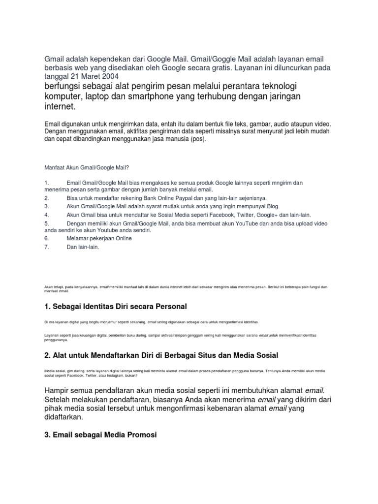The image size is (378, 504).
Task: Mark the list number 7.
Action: click(x=46, y=247)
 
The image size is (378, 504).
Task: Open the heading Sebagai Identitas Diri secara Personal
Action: click(x=120, y=307)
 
